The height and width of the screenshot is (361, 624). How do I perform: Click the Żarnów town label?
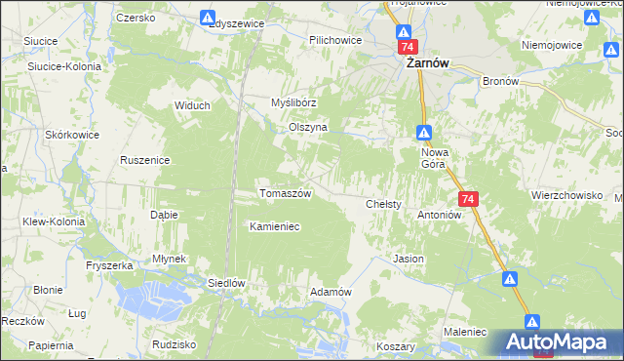427,63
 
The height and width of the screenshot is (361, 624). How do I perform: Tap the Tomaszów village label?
285,193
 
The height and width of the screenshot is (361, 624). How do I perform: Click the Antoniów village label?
439,215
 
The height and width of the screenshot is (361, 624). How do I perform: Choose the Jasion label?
408,260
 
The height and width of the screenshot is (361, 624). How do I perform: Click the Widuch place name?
192,105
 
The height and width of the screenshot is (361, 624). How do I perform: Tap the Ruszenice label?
145,160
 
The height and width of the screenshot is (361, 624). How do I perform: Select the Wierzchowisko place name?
566,195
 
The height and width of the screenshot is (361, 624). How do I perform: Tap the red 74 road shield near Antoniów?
469,199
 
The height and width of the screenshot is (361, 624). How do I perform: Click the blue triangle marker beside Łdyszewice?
208,18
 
